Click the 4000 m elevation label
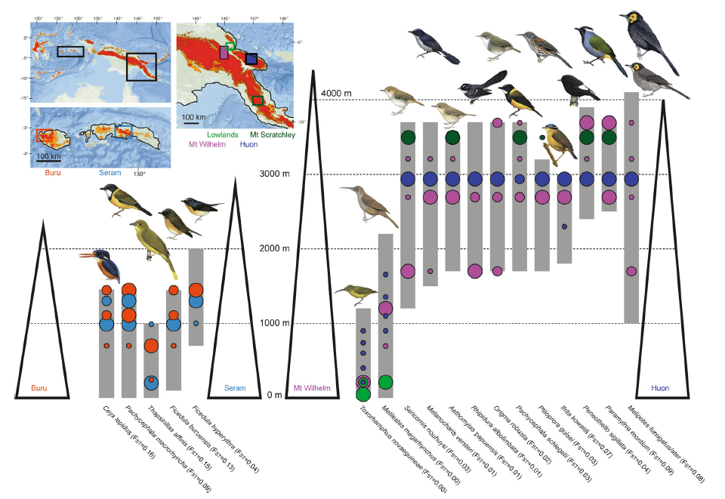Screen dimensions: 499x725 click(x=336, y=93)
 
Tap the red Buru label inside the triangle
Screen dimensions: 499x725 click(x=39, y=388)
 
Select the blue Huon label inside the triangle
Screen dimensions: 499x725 click(x=663, y=388)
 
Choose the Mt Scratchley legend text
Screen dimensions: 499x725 click(x=270, y=134)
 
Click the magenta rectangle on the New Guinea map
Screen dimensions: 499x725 click(x=224, y=52)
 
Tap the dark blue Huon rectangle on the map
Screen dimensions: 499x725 click(x=251, y=60)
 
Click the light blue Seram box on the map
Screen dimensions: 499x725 click(x=122, y=133)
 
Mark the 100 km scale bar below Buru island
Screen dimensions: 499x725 click(x=50, y=158)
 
